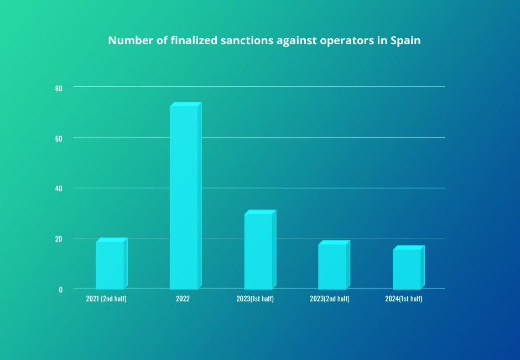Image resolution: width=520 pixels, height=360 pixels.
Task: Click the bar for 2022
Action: [x=184, y=197]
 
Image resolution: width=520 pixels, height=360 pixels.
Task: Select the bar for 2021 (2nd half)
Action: [x=110, y=265]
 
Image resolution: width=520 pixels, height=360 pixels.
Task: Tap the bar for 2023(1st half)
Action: [x=258, y=251]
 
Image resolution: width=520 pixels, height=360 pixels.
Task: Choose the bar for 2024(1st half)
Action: [x=407, y=269]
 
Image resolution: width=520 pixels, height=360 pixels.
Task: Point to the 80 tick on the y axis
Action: [x=59, y=88]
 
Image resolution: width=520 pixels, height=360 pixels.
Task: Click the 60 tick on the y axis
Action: [x=59, y=138]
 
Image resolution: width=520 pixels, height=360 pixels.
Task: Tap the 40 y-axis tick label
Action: [x=59, y=189]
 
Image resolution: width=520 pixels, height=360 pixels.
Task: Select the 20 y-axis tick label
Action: [x=59, y=239]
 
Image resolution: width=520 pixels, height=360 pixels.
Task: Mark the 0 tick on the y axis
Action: [x=61, y=289]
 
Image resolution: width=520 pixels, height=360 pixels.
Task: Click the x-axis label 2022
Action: [x=183, y=299]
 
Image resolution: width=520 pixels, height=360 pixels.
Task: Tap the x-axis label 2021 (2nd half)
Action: [x=107, y=299]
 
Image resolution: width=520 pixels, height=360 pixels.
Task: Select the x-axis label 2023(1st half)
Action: [x=255, y=299]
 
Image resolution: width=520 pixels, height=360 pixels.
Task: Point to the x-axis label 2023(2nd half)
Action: [x=330, y=299]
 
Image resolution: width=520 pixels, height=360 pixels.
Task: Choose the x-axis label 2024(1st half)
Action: [x=404, y=299]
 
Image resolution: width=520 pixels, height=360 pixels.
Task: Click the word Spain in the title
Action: [x=405, y=41]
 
